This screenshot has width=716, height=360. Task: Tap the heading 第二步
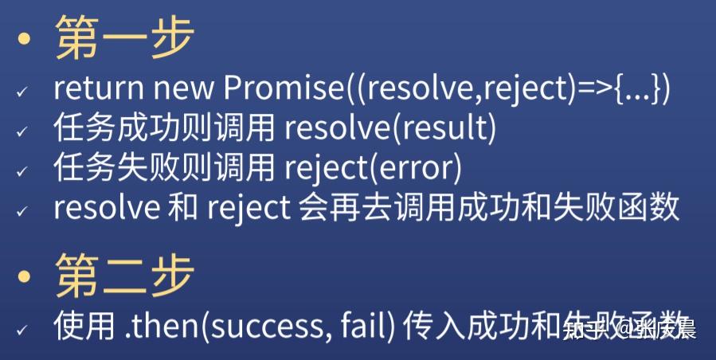tap(124, 276)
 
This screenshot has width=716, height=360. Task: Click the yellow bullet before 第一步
tap(26, 41)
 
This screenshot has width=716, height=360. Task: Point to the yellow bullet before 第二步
tap(26, 278)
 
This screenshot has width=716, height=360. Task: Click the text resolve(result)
tap(389, 127)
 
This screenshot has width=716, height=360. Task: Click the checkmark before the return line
tap(22, 92)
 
